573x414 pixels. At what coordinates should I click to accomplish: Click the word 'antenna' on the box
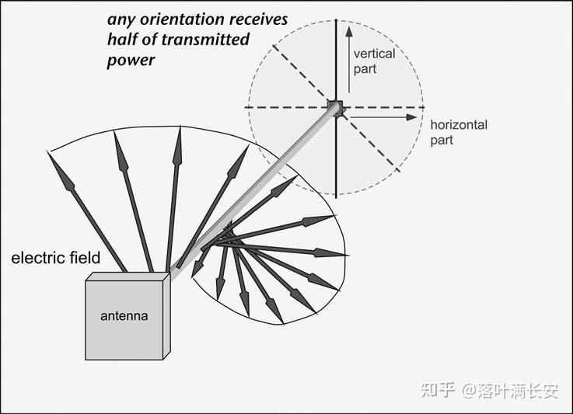tap(124, 316)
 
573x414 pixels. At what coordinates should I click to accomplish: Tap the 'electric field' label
tap(56, 258)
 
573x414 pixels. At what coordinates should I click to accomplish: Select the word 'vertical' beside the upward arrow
tap(374, 54)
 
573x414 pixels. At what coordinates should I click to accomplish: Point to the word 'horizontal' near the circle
tap(459, 124)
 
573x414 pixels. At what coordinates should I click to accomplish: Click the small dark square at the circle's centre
tap(335, 106)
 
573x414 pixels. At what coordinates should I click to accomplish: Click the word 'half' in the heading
tap(124, 40)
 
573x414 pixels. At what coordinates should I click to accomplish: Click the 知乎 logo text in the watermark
tap(438, 390)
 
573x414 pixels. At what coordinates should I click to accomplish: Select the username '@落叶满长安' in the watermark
tap(510, 390)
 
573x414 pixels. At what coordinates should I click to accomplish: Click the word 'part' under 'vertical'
tap(365, 69)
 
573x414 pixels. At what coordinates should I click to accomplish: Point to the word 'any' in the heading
tap(121, 20)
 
